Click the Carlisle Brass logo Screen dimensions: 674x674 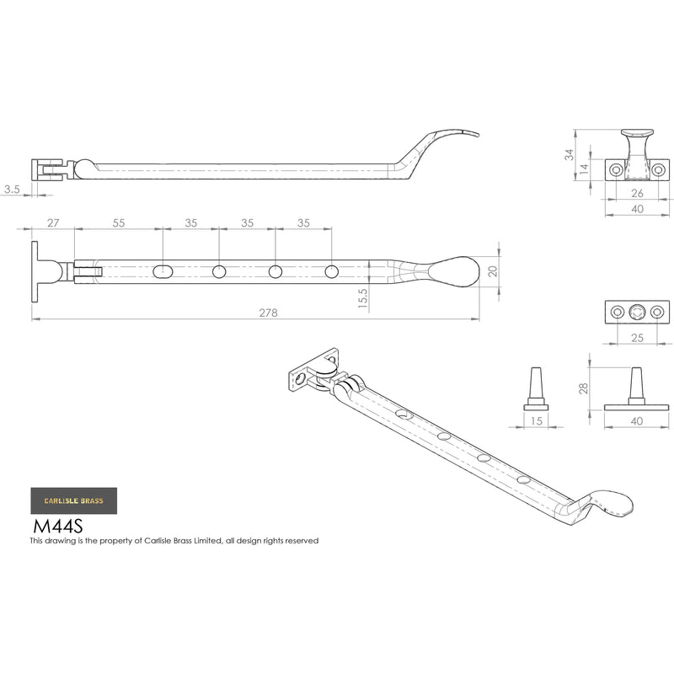point(74,500)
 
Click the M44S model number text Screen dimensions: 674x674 point(57,527)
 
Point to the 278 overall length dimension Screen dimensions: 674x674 point(268,313)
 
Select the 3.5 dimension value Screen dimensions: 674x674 point(12,190)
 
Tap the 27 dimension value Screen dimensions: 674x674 point(53,222)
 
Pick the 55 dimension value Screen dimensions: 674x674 point(119,222)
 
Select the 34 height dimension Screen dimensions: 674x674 point(570,155)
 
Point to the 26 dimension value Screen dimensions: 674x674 point(638,192)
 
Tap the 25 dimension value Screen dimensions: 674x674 point(638,338)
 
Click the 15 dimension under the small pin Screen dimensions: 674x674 point(536,421)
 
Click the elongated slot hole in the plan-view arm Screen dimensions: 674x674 point(164,271)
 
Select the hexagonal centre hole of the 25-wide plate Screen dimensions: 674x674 point(638,313)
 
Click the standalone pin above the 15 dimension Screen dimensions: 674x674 point(536,388)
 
